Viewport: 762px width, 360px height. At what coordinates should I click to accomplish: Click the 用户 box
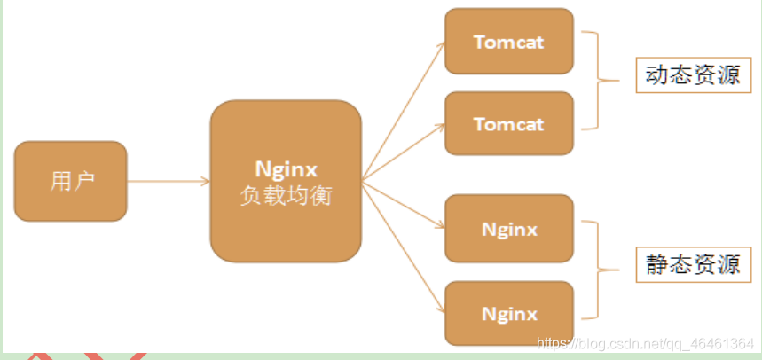pos(71,181)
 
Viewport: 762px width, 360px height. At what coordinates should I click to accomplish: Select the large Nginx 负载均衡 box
pos(286,181)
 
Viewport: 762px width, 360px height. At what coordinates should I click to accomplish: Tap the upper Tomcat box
pos(509,42)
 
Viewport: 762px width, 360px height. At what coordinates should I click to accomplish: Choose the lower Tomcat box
pos(509,123)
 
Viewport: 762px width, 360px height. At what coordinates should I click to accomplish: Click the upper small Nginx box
pos(509,229)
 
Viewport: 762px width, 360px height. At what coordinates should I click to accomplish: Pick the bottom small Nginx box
pos(509,313)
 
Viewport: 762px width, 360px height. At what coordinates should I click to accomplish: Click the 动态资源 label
pos(693,75)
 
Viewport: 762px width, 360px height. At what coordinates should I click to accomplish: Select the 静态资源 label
pos(693,265)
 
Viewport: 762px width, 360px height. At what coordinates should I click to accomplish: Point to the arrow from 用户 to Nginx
pos(169,182)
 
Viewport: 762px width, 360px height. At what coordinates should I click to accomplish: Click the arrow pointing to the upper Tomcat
pos(404,107)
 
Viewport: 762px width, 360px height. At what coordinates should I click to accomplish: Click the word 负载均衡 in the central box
pos(286,196)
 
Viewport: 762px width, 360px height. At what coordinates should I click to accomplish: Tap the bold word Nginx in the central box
pos(286,168)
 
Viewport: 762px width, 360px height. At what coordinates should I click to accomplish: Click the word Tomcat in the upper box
pos(509,42)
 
